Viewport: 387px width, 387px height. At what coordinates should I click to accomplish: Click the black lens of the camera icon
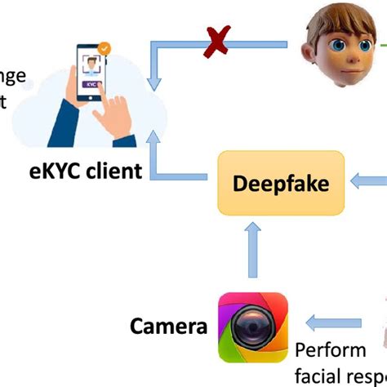[252, 327]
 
